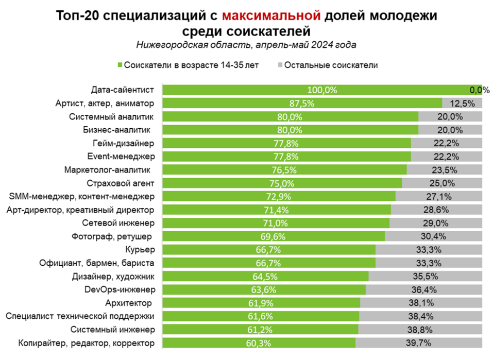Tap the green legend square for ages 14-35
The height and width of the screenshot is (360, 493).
point(120,65)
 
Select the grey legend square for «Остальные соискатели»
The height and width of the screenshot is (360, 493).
point(280,65)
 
